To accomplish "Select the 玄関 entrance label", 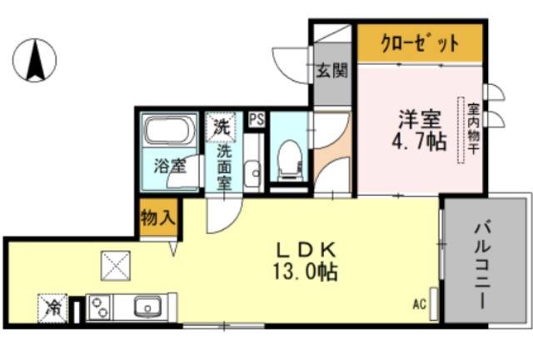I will [331, 71].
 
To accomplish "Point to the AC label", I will [419, 303].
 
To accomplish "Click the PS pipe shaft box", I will [256, 119].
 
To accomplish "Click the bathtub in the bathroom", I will [170, 131].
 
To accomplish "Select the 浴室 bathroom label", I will [170, 166].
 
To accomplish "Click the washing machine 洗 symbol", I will [222, 127].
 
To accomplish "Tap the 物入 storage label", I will [157, 218].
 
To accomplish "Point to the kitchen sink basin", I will [147, 307].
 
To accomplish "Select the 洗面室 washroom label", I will [224, 167].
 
